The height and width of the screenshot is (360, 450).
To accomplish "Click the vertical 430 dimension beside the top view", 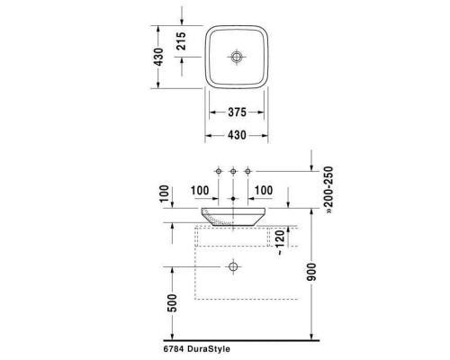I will tap(158, 58).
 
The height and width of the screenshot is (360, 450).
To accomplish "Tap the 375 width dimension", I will tap(237, 113).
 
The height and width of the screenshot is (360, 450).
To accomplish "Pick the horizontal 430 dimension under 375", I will tap(237, 135).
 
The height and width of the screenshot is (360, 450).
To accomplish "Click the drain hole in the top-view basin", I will tap(238, 58).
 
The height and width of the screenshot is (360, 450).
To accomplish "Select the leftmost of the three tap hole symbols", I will tap(218, 171).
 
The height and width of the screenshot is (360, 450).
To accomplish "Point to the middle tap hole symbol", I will tap(234, 171).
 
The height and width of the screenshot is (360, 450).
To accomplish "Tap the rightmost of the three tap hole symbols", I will tap(249, 171).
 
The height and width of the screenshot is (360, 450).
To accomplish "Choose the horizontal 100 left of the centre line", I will tap(202, 191).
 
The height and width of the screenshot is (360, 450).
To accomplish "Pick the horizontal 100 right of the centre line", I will tap(264, 191).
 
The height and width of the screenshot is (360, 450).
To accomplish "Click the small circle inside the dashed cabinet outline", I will tap(234, 267).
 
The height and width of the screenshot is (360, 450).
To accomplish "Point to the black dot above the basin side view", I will tap(234, 198).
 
